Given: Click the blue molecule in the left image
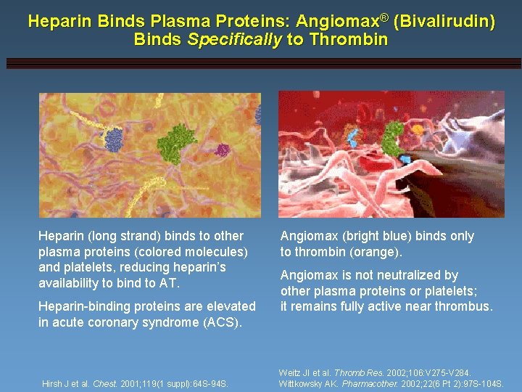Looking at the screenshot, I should (x=114, y=139).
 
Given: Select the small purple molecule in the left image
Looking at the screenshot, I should (x=223, y=151).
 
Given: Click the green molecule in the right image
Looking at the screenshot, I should (x=393, y=134).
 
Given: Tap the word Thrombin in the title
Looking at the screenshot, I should (x=348, y=39).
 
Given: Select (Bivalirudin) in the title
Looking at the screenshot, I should (x=444, y=22).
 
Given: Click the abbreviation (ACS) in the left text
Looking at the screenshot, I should (x=217, y=322).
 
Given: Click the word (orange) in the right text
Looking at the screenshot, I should (x=376, y=252).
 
